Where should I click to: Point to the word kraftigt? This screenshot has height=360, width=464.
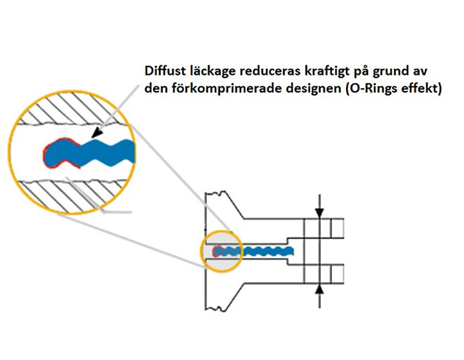328,72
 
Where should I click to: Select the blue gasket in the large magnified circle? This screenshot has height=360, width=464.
95,153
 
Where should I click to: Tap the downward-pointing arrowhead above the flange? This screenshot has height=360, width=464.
319,213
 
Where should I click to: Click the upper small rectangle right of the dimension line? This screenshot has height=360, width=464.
336,229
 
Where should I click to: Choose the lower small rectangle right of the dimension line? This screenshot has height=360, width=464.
336,273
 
